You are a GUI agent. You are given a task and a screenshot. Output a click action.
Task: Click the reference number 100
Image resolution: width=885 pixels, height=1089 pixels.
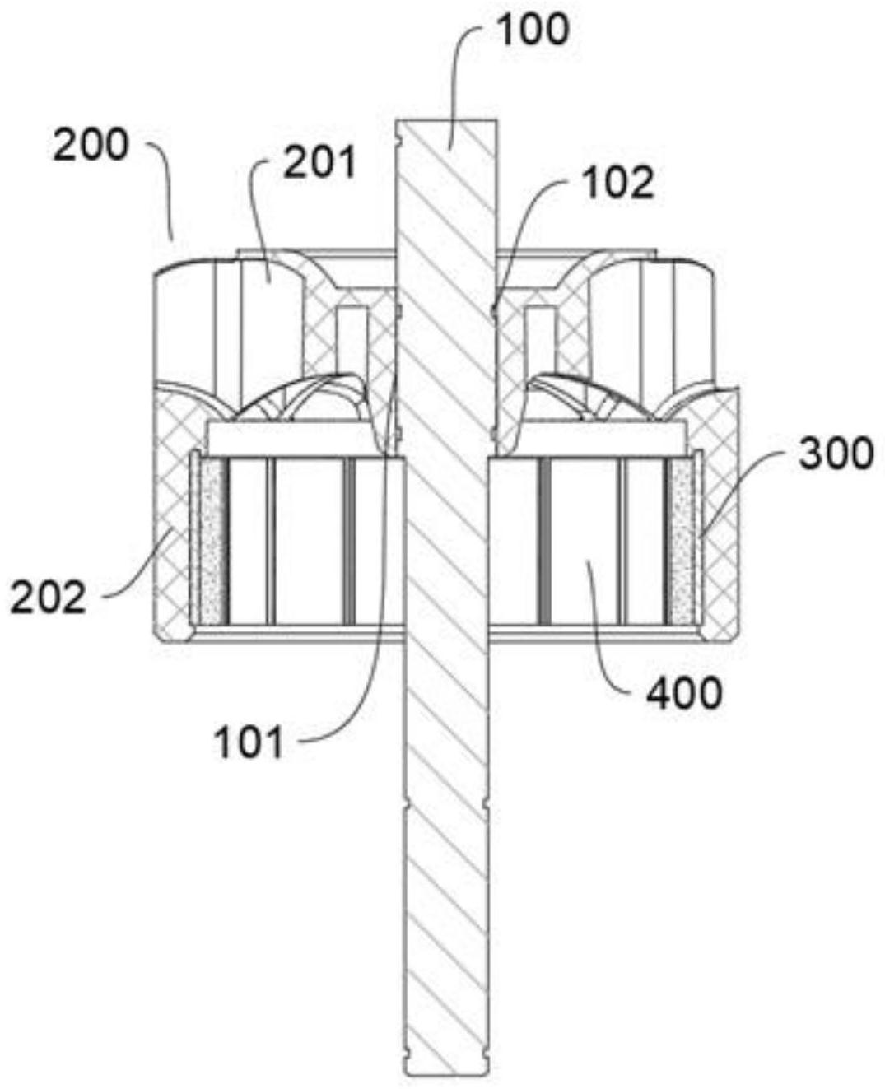point(532,30)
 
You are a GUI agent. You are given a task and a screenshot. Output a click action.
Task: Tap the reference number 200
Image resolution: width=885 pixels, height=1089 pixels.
point(91,146)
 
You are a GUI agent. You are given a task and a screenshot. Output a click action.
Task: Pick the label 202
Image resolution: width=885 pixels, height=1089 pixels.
point(48,598)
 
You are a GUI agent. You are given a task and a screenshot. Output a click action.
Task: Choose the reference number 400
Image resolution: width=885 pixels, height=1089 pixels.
point(683,694)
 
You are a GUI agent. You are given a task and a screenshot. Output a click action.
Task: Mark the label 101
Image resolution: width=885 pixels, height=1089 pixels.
point(249,743)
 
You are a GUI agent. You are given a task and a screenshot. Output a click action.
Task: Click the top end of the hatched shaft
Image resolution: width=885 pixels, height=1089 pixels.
point(447,123)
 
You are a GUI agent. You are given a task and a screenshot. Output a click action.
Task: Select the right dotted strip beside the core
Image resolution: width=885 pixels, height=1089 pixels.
point(682,540)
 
